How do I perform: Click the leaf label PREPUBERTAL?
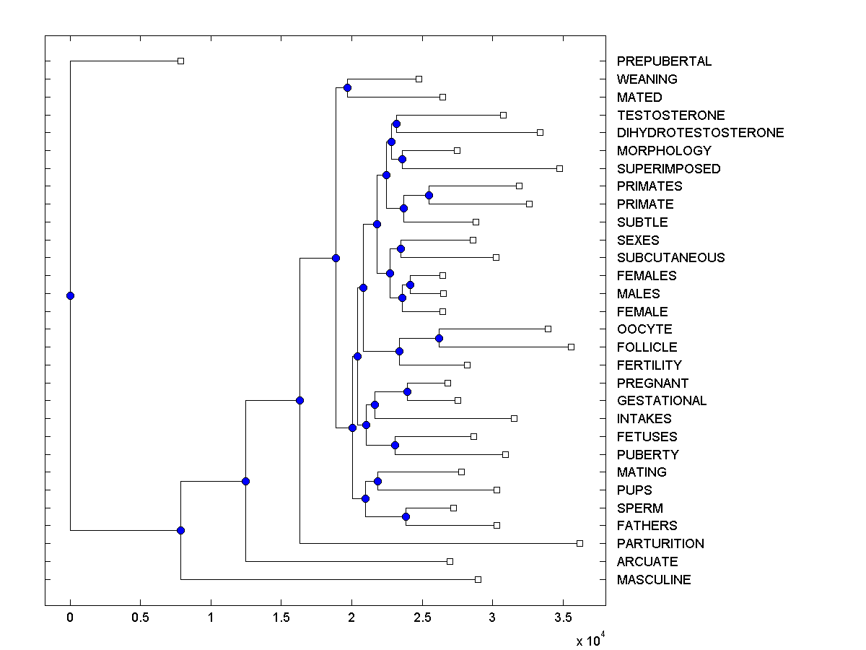[x=664, y=61]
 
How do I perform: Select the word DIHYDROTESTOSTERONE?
[x=700, y=133]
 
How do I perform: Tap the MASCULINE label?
[x=654, y=580]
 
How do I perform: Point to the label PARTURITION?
[x=660, y=544]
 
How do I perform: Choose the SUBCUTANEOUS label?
[x=670, y=258]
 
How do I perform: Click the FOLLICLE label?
[x=647, y=347]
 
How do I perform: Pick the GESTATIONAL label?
[x=662, y=401]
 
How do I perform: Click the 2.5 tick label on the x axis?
[x=422, y=617]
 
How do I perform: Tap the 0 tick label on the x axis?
[x=70, y=617]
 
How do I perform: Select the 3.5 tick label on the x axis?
[x=563, y=617]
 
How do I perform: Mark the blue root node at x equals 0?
[x=70, y=295]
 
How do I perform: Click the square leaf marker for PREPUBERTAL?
[x=181, y=61]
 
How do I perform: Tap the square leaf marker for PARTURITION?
[x=579, y=543]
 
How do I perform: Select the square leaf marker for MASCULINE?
[x=478, y=579]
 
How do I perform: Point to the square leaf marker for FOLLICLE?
[x=571, y=347]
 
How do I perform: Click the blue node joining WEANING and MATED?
[x=347, y=87]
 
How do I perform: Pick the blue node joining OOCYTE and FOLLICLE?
[x=439, y=338]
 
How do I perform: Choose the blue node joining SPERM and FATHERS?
[x=406, y=516]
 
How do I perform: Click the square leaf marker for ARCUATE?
[x=450, y=561]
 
